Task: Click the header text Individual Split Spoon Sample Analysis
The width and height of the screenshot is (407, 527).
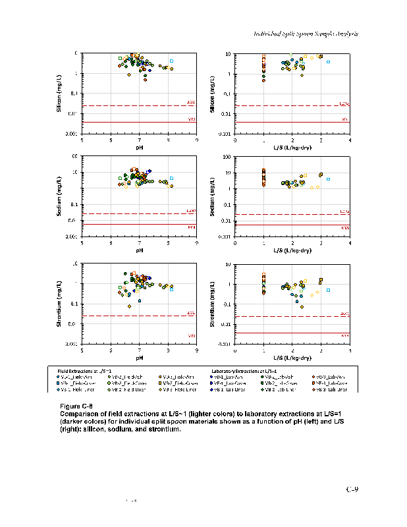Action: [x=306, y=34]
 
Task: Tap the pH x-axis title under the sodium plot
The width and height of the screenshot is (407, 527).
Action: [x=140, y=250]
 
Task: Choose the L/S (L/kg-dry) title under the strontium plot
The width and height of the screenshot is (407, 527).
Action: [x=292, y=358]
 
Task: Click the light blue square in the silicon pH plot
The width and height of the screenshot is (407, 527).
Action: [x=171, y=61]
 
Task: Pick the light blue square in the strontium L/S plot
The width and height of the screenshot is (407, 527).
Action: [x=328, y=290]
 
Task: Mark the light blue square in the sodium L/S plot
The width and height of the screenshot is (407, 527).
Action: [x=328, y=179]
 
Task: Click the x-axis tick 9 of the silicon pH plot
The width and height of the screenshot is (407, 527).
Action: [x=197, y=140]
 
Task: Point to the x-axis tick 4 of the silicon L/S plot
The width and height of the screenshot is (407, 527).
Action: [x=350, y=140]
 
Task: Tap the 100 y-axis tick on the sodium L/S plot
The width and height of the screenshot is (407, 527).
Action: [x=227, y=157]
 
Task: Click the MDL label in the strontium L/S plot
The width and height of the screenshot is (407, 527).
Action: [x=344, y=336]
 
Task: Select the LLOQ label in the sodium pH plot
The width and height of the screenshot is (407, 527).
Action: [x=191, y=211]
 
